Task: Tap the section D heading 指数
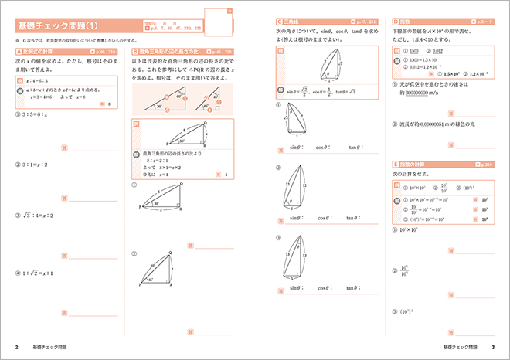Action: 402,21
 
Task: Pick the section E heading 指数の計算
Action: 410,164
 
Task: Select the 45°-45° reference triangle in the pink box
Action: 208,100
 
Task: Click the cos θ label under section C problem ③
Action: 321,287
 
